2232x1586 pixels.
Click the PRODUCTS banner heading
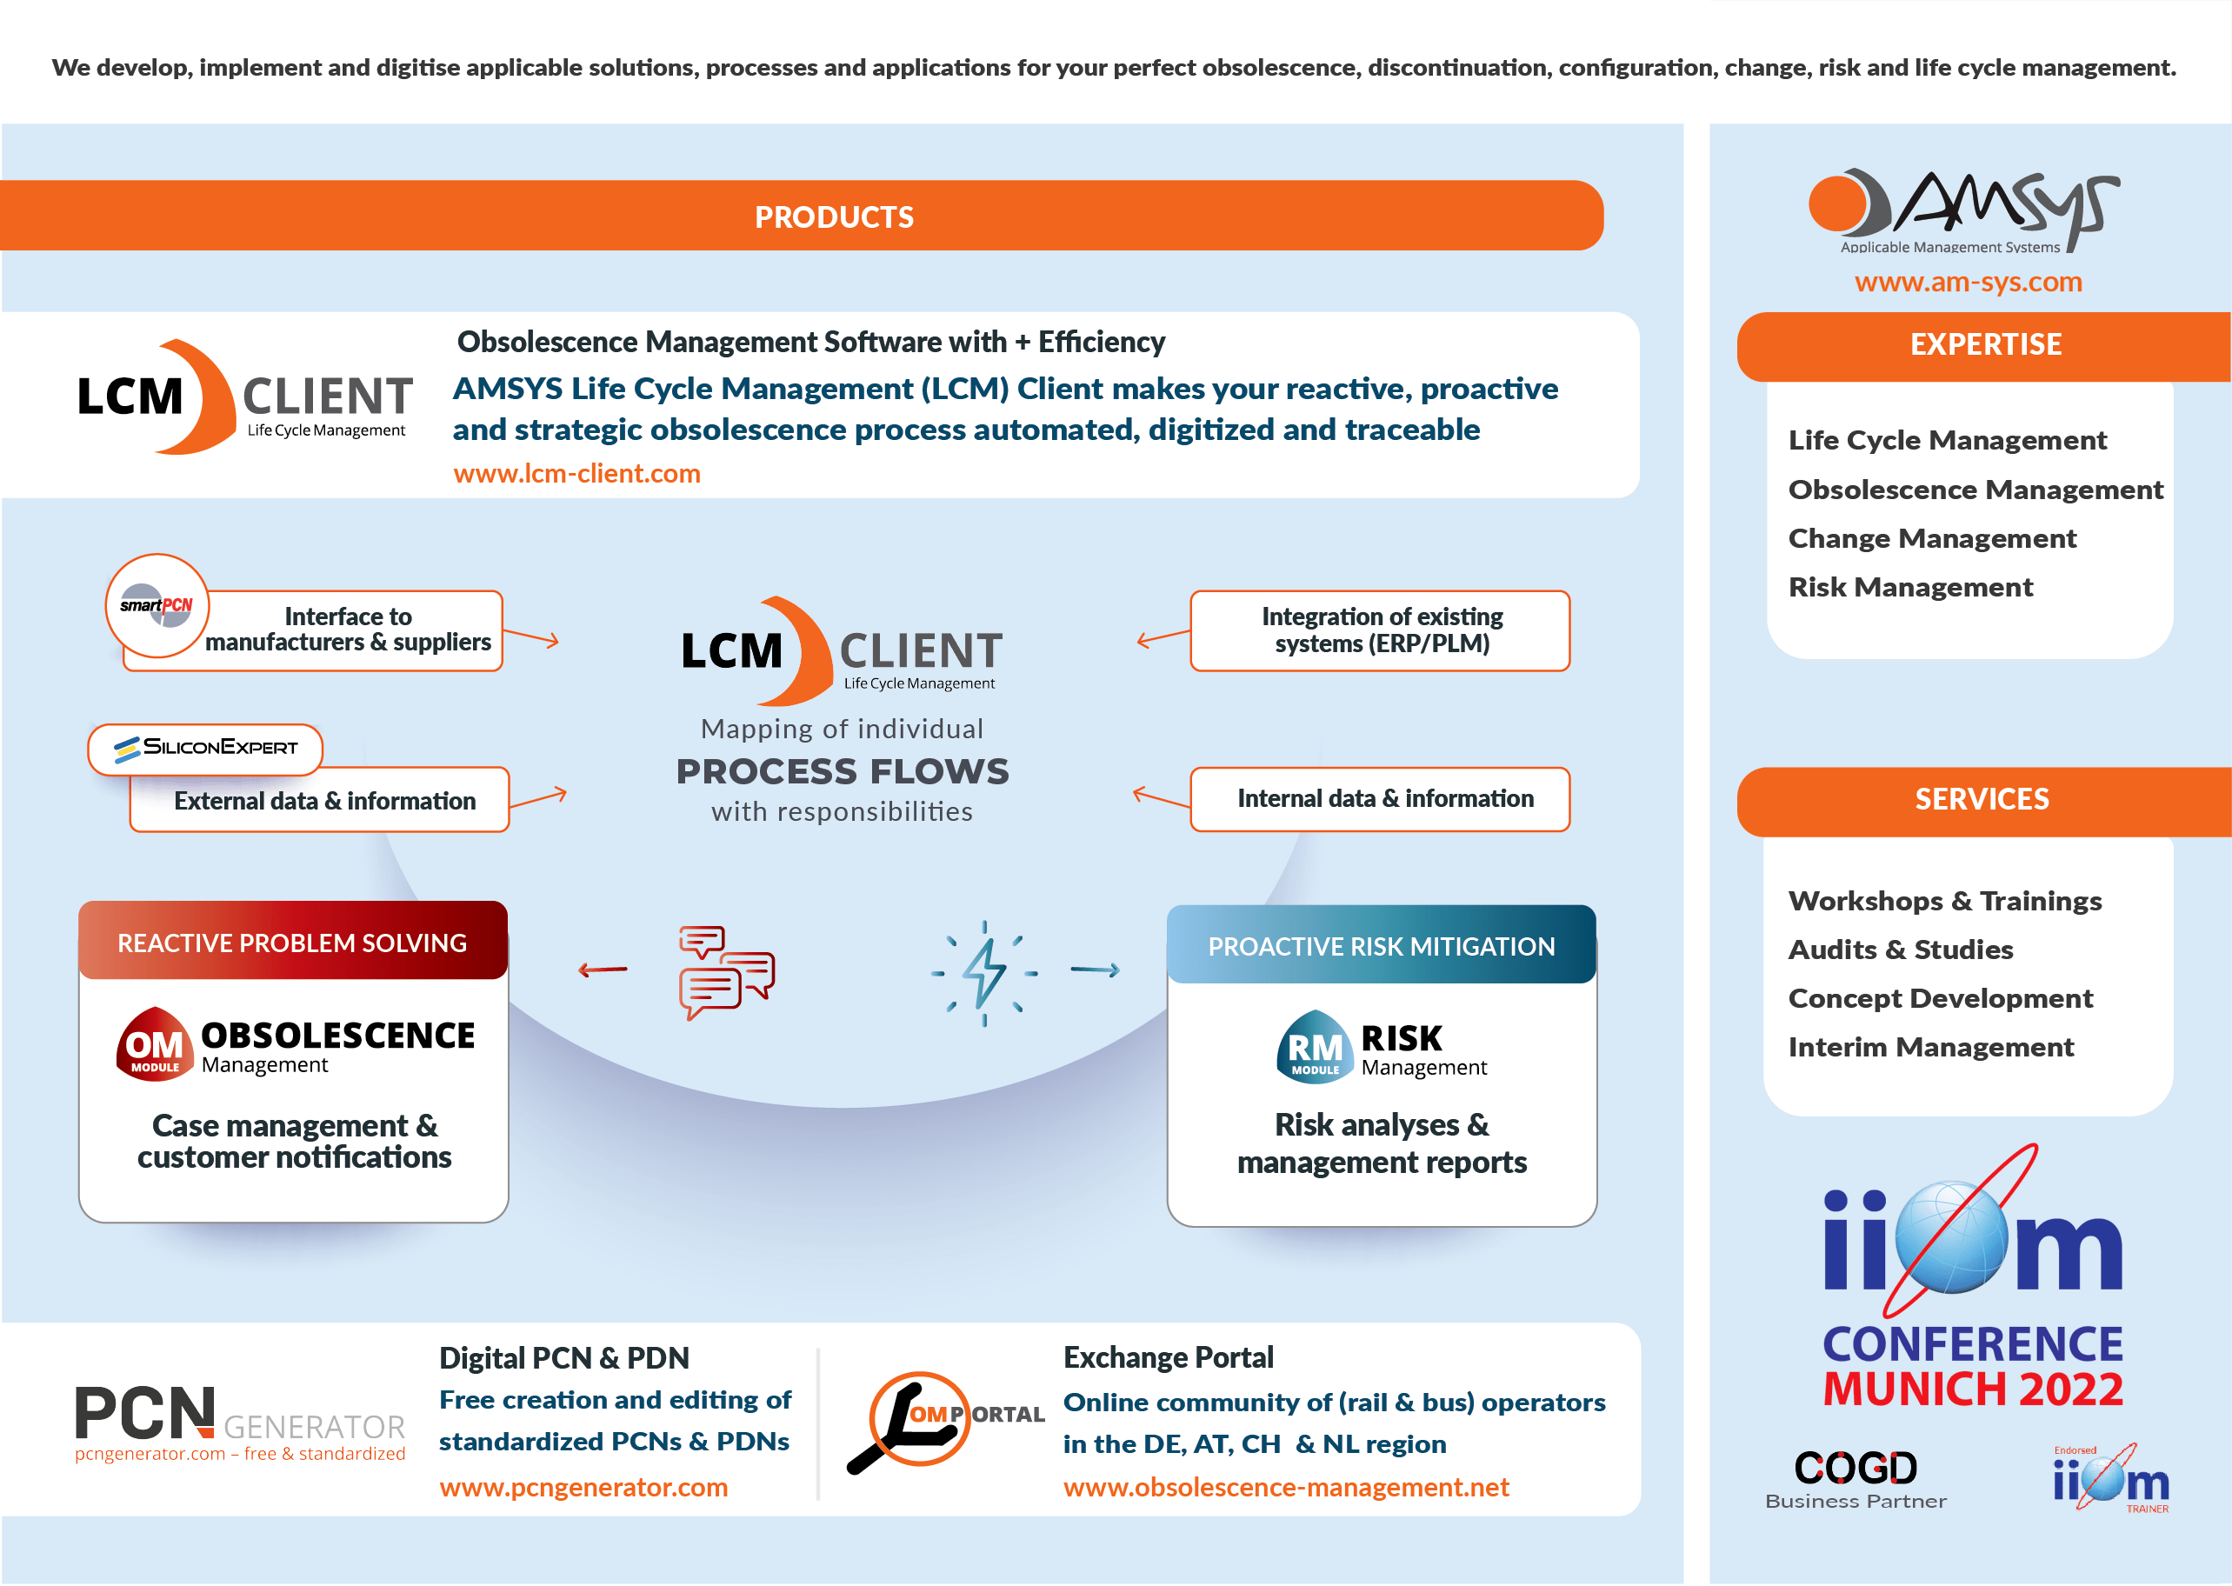[834, 217]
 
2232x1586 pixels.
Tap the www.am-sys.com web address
[1968, 283]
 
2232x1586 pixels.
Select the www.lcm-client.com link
[576, 474]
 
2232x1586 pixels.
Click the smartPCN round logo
[157, 605]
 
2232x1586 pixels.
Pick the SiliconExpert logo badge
[205, 748]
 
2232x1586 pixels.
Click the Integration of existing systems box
[1380, 630]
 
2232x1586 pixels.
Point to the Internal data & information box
[1380, 799]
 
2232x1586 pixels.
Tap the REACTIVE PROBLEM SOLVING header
[292, 943]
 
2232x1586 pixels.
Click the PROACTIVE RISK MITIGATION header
[1381, 946]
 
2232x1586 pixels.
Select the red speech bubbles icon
[725, 972]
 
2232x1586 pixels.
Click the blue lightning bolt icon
[984, 973]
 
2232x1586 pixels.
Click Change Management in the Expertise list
[1931, 538]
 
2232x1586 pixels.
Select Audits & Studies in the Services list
[1900, 950]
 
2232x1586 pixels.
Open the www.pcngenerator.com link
[583, 1488]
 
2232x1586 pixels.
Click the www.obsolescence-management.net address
[1285, 1488]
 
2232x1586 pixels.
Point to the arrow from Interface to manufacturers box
[532, 637]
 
